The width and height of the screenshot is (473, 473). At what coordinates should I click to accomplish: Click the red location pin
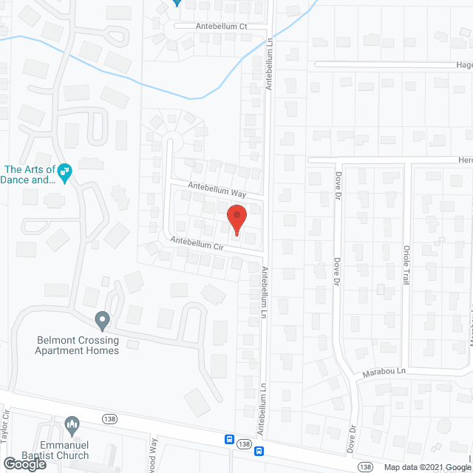click(x=236, y=220)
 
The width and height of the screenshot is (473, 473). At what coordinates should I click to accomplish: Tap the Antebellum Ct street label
click(x=221, y=26)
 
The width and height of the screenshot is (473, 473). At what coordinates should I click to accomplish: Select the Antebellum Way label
click(x=216, y=188)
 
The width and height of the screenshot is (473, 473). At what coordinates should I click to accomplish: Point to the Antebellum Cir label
click(x=197, y=243)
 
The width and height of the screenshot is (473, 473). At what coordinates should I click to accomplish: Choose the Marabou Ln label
click(x=384, y=371)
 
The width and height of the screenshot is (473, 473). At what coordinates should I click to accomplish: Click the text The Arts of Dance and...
click(x=30, y=174)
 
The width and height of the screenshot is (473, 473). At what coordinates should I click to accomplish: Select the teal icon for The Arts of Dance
click(x=64, y=173)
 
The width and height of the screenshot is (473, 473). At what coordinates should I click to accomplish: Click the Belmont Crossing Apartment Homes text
click(x=77, y=345)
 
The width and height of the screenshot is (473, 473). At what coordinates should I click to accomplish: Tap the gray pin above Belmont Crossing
click(x=103, y=321)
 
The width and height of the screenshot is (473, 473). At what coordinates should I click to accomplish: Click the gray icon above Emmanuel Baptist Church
click(x=72, y=424)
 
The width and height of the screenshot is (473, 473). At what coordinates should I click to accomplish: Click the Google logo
click(x=24, y=464)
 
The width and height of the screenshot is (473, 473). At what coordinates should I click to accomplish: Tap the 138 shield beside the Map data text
click(x=364, y=466)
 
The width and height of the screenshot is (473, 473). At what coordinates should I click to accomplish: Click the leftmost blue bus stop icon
click(x=231, y=440)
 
